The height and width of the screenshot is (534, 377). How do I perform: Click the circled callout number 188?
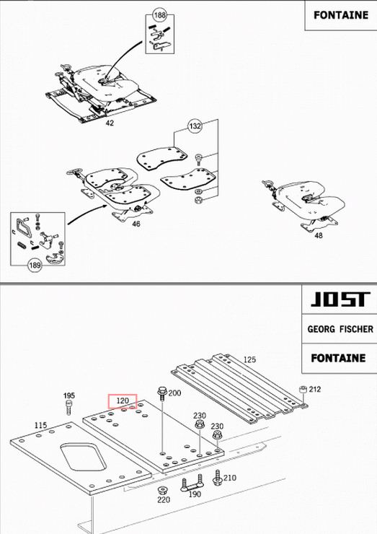tap(159, 15)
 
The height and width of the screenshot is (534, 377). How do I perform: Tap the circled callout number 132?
tap(195, 126)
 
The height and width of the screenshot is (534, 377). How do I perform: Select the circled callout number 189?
tap(35, 265)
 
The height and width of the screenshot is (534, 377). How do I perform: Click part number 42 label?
tap(110, 123)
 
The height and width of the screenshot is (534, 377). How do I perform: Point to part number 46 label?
tap(136, 224)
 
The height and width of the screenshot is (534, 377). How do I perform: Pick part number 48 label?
tap(318, 235)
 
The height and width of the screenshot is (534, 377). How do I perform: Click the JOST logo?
tap(340, 299)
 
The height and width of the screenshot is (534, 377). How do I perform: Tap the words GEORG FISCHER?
tap(340, 329)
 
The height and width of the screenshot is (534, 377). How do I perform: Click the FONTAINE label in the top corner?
tap(341, 15)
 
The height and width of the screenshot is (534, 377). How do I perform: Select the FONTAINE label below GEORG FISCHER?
tap(338, 358)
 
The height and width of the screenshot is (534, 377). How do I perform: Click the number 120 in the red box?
tap(123, 400)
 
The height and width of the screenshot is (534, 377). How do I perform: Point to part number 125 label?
tap(249, 359)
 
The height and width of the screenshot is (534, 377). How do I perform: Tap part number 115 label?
tap(40, 425)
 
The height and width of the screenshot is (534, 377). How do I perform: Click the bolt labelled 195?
tap(68, 407)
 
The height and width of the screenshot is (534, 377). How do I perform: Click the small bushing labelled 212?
tap(303, 390)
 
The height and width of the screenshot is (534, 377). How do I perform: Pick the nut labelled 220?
tap(162, 491)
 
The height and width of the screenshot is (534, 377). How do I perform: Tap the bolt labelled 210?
tap(218, 478)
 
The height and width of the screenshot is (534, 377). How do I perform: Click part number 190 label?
tap(195, 494)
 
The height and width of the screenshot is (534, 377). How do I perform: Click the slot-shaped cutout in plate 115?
tap(83, 457)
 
